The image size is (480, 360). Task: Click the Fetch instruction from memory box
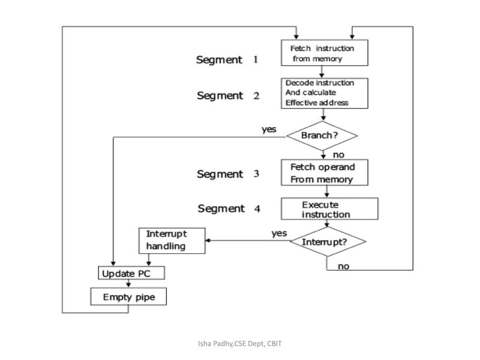tap(325, 53)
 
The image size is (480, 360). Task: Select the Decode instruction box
tap(325, 93)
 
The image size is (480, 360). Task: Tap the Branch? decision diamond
tap(322, 136)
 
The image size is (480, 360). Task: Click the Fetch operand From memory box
tap(325, 173)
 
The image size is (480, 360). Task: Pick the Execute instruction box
tap(329, 209)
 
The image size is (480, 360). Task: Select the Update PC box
tap(131, 274)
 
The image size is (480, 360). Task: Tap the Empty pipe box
tap(127, 297)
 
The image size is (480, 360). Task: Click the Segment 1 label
tap(227, 59)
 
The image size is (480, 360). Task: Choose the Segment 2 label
tap(229, 96)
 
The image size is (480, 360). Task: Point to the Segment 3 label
tap(228, 174)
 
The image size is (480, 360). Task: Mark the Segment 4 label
tap(229, 209)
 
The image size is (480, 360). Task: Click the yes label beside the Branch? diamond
tap(269, 129)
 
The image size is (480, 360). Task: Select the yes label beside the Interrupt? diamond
tap(279, 233)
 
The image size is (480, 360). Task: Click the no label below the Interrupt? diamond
tap(343, 266)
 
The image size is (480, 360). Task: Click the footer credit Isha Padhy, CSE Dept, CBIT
tap(240, 343)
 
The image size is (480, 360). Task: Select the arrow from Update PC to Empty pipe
tap(128, 284)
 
